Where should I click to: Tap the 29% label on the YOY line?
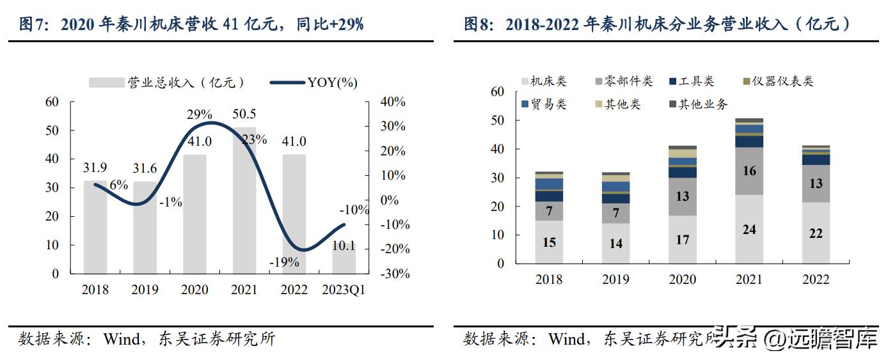199,114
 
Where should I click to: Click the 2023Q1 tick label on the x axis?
344,290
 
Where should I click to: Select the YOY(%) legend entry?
332,82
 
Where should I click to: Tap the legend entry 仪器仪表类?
782,82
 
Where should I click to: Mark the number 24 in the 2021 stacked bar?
749,229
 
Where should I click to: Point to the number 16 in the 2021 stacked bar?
749,171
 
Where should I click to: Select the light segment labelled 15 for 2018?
549,242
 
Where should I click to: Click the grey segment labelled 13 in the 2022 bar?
816,184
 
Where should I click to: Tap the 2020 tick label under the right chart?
682,279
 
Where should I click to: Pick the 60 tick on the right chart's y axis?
497,91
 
